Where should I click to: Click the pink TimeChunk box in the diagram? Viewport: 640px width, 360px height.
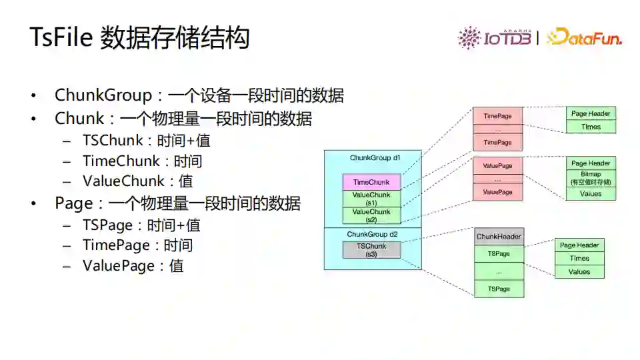371,182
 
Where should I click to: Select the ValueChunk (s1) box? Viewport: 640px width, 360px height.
371,199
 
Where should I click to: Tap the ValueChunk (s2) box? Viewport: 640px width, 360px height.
371,215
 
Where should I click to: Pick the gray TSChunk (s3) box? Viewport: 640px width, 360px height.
371,250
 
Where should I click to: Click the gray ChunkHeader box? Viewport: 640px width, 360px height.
499,237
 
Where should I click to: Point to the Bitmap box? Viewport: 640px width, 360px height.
591,178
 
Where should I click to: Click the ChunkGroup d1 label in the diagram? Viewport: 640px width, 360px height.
375,158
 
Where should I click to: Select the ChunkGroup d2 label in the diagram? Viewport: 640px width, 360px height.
372,234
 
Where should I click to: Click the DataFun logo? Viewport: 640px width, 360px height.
585,37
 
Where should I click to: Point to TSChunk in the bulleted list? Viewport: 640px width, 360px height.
113,141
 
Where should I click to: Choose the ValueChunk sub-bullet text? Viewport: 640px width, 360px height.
123,181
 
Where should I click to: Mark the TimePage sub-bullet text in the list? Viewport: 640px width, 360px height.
116,245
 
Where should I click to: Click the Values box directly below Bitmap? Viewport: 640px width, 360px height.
591,193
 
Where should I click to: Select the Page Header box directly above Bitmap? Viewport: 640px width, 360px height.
591,163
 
